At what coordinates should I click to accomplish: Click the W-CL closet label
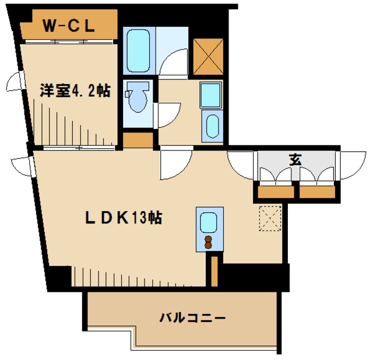point(69,26)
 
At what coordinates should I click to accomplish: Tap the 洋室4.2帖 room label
point(75,90)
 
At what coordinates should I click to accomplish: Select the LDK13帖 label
point(124,218)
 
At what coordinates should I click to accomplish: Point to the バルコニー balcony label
point(192,318)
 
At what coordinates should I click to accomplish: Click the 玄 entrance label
point(295,159)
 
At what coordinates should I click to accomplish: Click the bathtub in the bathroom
point(138,51)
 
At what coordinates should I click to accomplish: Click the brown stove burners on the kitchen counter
point(209,242)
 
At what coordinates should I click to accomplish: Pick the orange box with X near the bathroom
point(208,57)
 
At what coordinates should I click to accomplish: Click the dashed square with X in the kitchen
point(270,219)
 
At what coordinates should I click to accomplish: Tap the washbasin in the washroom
point(212,126)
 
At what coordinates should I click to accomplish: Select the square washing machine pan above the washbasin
point(211,95)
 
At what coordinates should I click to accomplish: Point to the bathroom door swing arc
point(168,57)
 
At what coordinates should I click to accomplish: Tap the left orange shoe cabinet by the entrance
point(276,192)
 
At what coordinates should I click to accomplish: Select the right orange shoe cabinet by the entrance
point(317,192)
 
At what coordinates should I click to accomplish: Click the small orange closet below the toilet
point(138,140)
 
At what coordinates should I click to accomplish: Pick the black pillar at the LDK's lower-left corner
point(59,277)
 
